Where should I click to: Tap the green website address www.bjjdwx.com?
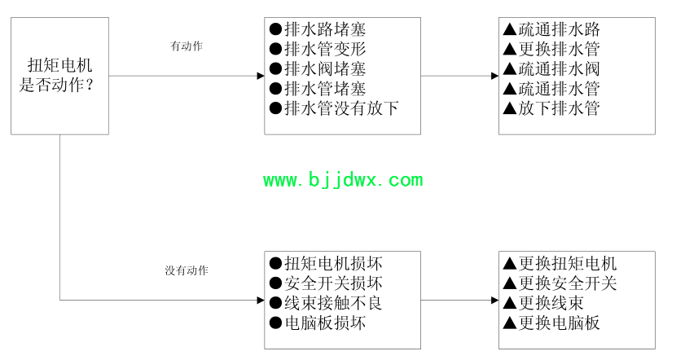pyautogui.click(x=343, y=180)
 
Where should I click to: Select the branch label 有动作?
pyautogui.click(x=186, y=46)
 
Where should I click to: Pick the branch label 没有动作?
pyautogui.click(x=186, y=270)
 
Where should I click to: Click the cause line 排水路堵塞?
pyautogui.click(x=318, y=30)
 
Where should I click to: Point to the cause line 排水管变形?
pyautogui.click(x=318, y=50)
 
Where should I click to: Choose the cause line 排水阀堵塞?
pyautogui.click(x=318, y=69)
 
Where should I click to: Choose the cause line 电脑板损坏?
pyautogui.click(x=318, y=323)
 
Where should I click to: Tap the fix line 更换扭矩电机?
pyautogui.click(x=560, y=264)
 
